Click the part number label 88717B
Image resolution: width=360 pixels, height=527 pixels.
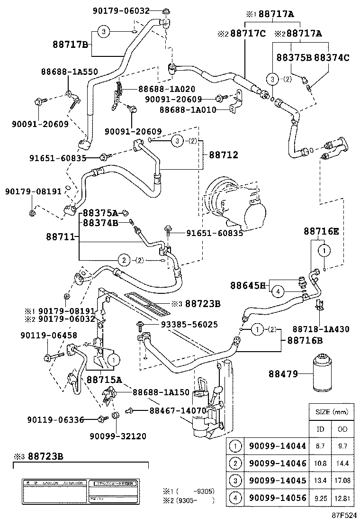tap(70, 45)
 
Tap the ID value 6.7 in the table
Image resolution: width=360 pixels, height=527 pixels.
tap(321, 446)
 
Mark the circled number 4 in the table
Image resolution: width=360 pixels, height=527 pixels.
tap(234, 498)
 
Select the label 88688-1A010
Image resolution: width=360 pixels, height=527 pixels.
tap(188, 109)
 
